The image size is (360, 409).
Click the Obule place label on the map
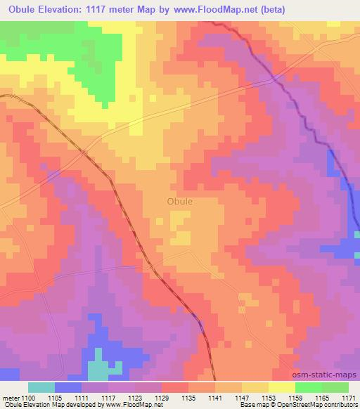click(180, 201)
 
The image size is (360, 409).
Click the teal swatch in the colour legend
click(41, 387)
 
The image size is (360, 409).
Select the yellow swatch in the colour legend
click(282, 387)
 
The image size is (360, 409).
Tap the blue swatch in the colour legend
click(68, 387)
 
